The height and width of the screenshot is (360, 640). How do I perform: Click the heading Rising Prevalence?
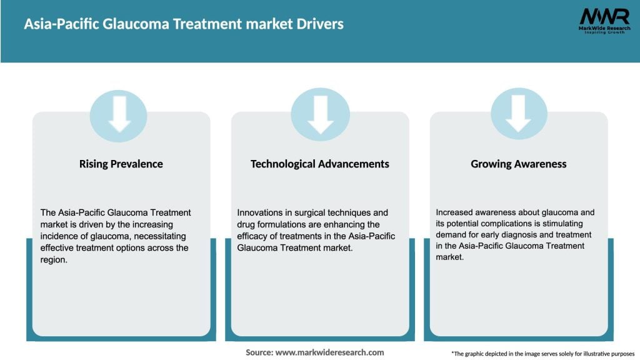[x=121, y=164]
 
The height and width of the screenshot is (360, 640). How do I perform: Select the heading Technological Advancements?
[x=320, y=164]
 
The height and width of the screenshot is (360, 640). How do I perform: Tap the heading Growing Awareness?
[x=519, y=164]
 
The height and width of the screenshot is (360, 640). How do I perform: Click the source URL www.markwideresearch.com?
[x=330, y=352]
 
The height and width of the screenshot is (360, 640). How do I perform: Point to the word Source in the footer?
[x=259, y=352]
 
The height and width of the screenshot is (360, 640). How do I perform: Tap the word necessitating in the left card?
[x=158, y=236]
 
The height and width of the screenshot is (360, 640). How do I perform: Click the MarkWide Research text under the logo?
[x=604, y=28]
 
